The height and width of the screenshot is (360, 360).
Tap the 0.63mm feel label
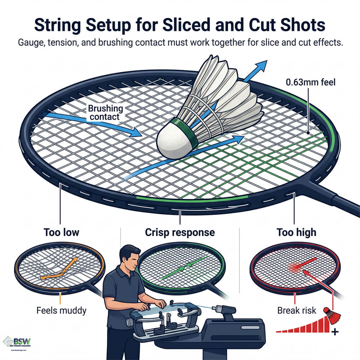310,82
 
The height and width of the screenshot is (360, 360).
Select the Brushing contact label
105,112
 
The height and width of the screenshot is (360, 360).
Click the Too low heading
61,232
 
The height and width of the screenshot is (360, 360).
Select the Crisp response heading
180,232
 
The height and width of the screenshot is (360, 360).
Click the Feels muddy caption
61,310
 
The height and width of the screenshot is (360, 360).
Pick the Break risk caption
295,310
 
